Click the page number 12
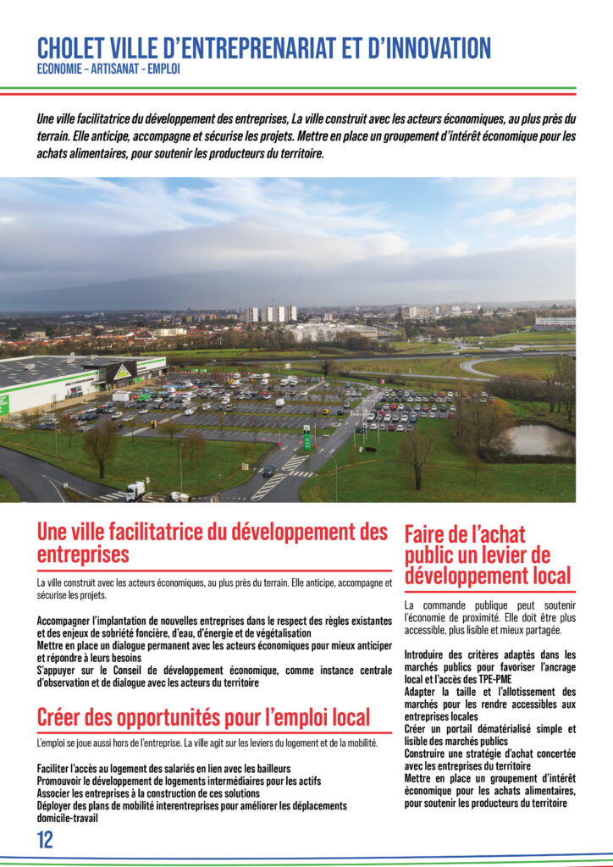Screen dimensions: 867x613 (45, 840)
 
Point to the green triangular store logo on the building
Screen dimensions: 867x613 (124, 372)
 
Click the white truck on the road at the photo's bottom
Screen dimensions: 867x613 (135, 490)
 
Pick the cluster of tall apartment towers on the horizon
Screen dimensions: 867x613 (272, 313)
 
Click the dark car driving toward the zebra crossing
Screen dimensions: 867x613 (269, 470)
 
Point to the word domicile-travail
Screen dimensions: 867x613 (68, 818)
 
